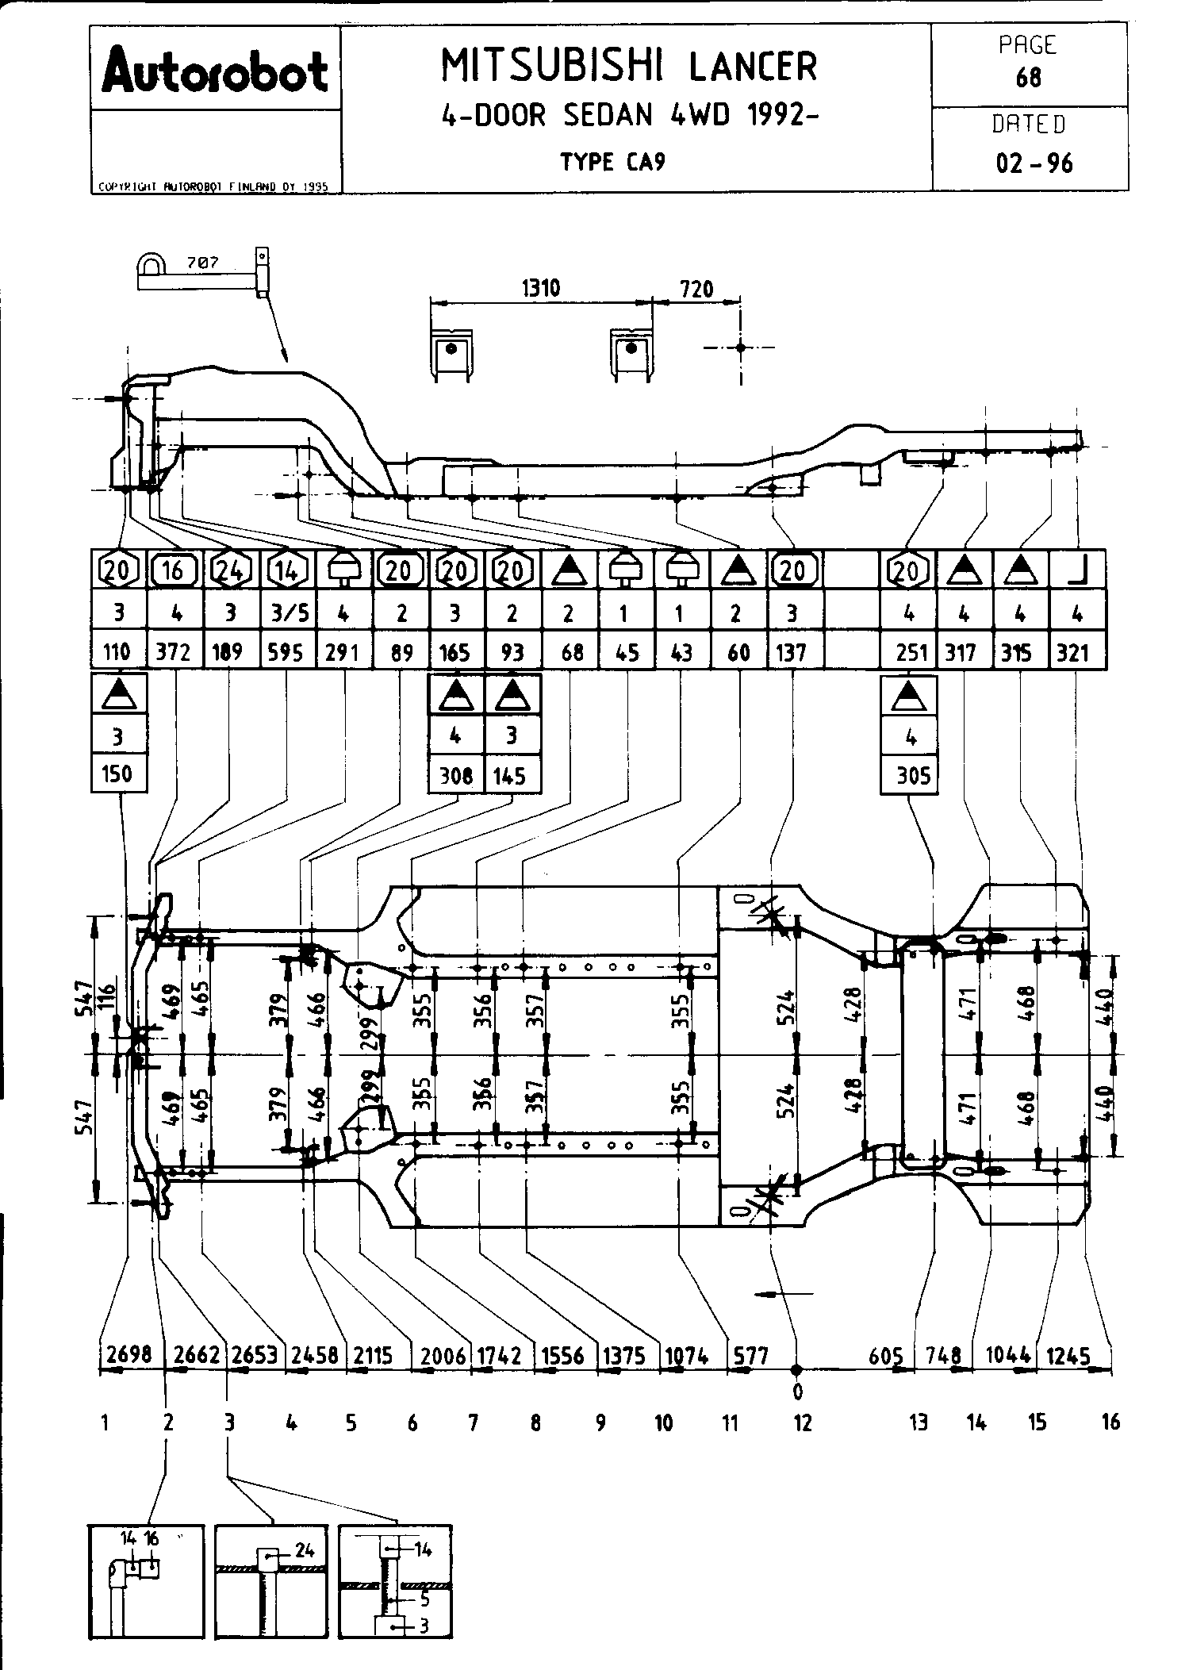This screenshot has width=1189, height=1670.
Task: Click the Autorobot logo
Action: click(x=215, y=72)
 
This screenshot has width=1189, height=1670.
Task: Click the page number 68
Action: click(x=1029, y=78)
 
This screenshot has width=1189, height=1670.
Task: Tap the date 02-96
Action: click(x=1034, y=163)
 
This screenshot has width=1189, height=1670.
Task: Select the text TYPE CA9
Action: click(x=612, y=162)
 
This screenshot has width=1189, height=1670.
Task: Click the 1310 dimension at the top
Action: click(x=540, y=287)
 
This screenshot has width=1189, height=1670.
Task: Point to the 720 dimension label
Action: click(x=696, y=289)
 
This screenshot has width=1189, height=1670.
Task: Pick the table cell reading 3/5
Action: click(x=286, y=612)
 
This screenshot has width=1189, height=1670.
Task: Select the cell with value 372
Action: click(x=175, y=652)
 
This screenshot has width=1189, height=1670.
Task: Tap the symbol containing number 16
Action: click(x=174, y=570)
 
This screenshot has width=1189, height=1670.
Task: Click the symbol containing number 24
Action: click(x=229, y=570)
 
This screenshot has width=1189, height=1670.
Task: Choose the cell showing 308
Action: click(x=456, y=774)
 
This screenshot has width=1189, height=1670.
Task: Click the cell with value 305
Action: click(x=912, y=774)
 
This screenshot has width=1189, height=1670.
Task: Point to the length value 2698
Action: click(x=128, y=1353)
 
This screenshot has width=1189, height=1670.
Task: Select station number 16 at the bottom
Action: click(x=1110, y=1422)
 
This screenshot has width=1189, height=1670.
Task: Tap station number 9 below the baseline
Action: click(x=600, y=1422)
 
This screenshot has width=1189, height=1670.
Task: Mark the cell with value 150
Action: click(x=117, y=773)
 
